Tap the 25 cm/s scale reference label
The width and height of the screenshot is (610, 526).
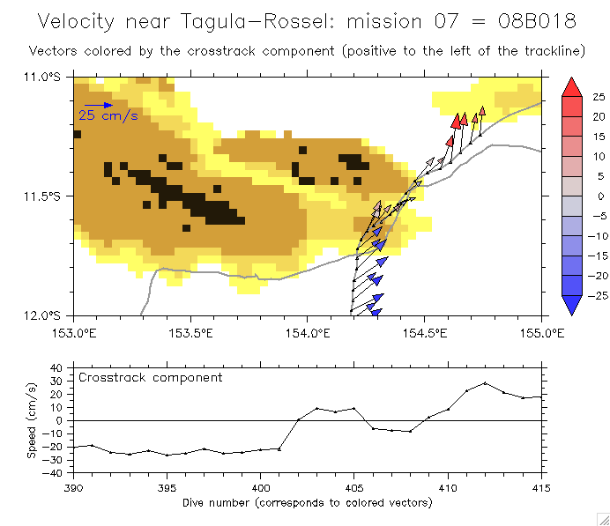(108, 115)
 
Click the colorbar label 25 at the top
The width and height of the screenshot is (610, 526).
(599, 96)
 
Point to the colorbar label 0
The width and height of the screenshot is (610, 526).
(599, 196)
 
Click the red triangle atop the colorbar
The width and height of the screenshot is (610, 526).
(571, 86)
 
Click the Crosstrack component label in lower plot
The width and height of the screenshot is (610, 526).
(150, 378)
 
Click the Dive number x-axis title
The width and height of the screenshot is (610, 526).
(307, 503)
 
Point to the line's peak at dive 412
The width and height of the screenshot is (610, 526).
(485, 383)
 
